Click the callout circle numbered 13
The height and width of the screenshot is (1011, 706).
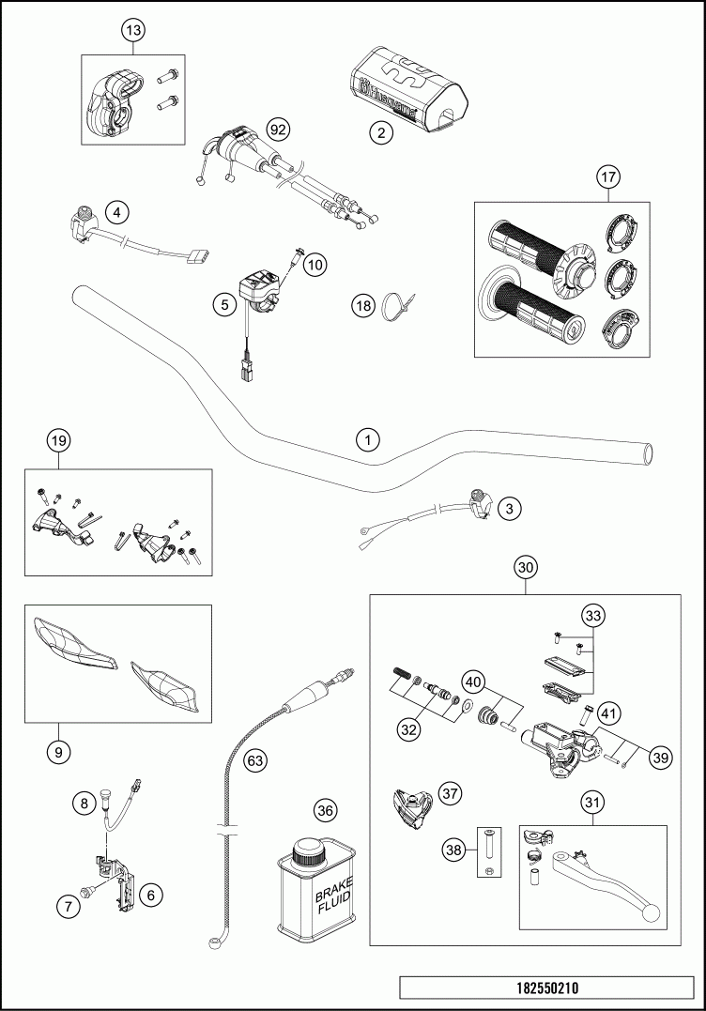(133, 31)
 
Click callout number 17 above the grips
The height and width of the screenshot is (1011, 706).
(607, 176)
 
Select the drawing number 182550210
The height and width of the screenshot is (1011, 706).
(546, 988)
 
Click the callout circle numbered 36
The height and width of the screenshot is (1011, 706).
(325, 809)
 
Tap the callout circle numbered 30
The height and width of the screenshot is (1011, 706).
(526, 567)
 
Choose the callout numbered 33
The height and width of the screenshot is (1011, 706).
(591, 616)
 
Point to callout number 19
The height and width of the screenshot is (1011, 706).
(58, 440)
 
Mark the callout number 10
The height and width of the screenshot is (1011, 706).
(315, 265)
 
